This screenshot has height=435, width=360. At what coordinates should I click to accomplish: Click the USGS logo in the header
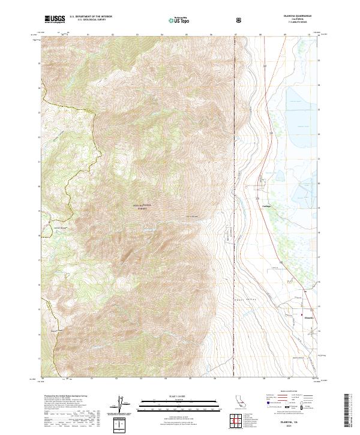[x=55, y=20]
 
